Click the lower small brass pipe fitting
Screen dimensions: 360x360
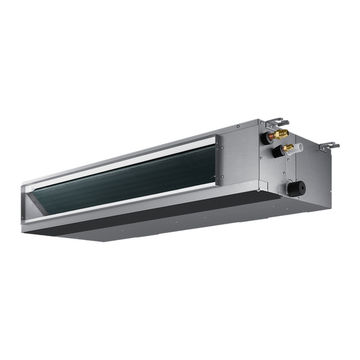288,148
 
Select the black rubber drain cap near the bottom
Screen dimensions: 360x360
296,188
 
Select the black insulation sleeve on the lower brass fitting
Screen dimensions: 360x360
277,152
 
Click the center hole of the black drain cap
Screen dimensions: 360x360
297,188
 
